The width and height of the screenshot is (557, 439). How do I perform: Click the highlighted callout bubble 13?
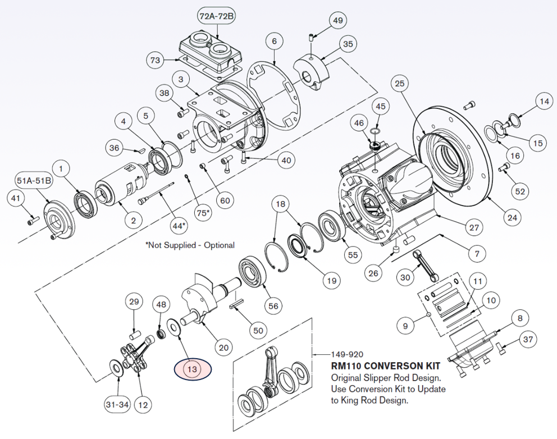pos(193,369)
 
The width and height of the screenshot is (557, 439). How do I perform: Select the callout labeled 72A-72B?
pos(216,17)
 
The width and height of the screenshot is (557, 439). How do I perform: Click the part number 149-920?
pos(346,355)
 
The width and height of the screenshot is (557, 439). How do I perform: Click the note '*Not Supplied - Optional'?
pos(190,245)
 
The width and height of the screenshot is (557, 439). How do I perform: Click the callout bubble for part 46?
pos(358,122)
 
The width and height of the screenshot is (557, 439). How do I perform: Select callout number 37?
pos(527,339)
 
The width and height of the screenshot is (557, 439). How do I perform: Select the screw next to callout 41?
pos(33,221)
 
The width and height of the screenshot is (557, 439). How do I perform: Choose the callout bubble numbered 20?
pos(224,347)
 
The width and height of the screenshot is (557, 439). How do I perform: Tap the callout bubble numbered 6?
pos(273,42)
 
